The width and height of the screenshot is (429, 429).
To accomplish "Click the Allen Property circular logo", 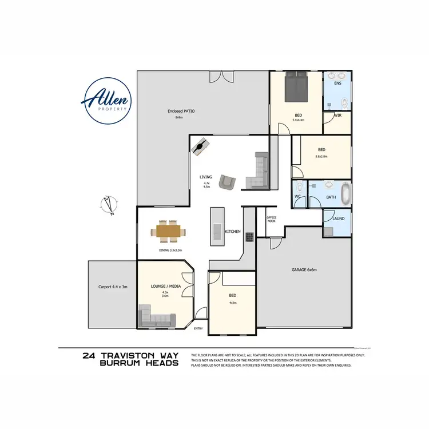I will (108, 101).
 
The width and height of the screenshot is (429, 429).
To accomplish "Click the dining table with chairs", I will (169, 231).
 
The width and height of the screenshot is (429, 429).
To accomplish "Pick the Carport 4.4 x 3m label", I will (112, 287).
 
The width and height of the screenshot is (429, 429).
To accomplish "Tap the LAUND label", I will (339, 217).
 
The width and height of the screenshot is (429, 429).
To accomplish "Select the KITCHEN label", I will (233, 231).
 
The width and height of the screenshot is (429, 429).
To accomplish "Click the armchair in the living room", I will (228, 182).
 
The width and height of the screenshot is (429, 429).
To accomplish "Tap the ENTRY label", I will (198, 328).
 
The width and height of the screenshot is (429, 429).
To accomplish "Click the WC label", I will (297, 197).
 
